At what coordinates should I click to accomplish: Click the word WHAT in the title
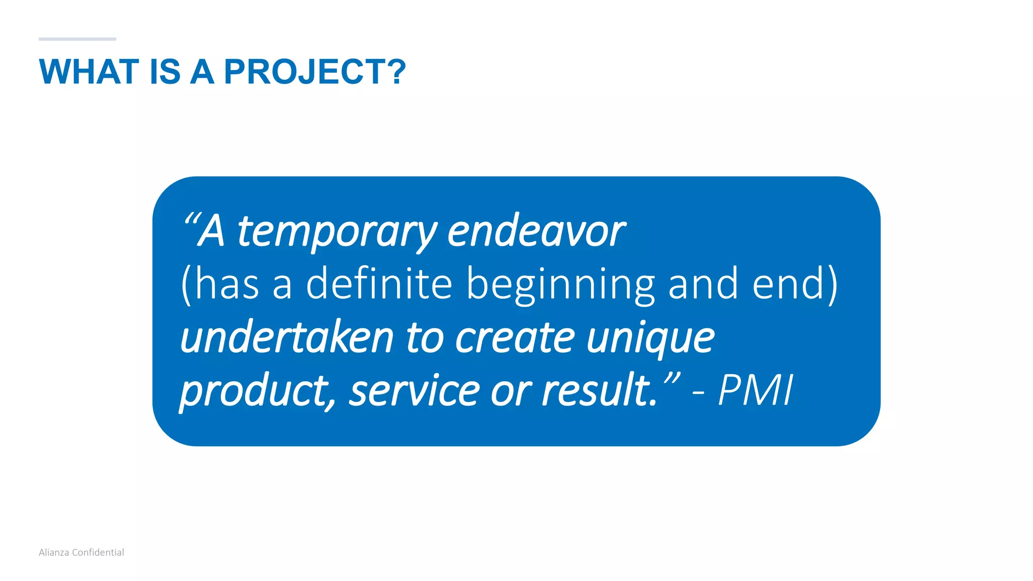pyautogui.click(x=89, y=72)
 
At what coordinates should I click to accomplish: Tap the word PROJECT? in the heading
pyautogui.click(x=315, y=72)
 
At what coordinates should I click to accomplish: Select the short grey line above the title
pyautogui.click(x=77, y=39)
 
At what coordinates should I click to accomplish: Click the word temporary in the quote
pyautogui.click(x=336, y=232)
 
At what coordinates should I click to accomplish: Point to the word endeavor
pyautogui.click(x=536, y=232)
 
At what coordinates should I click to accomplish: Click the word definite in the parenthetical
pyautogui.click(x=379, y=284)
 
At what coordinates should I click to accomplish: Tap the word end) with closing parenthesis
pyautogui.click(x=795, y=284)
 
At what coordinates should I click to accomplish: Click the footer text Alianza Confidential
pyautogui.click(x=81, y=552)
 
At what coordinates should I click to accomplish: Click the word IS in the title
pyautogui.click(x=165, y=72)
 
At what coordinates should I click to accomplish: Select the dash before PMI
pyautogui.click(x=699, y=392)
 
